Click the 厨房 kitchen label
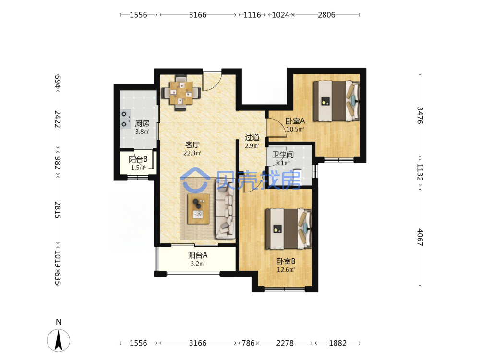(143, 123)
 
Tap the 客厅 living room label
(192, 144)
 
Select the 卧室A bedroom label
(295, 121)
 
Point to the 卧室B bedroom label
(286, 262)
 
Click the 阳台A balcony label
(198, 255)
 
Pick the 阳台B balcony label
(138, 159)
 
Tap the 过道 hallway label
(252, 137)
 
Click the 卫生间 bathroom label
(283, 155)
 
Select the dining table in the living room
(181, 93)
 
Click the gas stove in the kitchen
(125, 119)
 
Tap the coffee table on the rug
(198, 209)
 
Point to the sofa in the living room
(225, 209)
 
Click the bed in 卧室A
(336, 101)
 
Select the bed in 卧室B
(288, 228)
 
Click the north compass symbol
(59, 340)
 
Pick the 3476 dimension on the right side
(420, 115)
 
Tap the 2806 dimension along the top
(326, 15)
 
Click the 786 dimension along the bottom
(248, 343)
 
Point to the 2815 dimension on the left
(58, 210)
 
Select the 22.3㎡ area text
(192, 153)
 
